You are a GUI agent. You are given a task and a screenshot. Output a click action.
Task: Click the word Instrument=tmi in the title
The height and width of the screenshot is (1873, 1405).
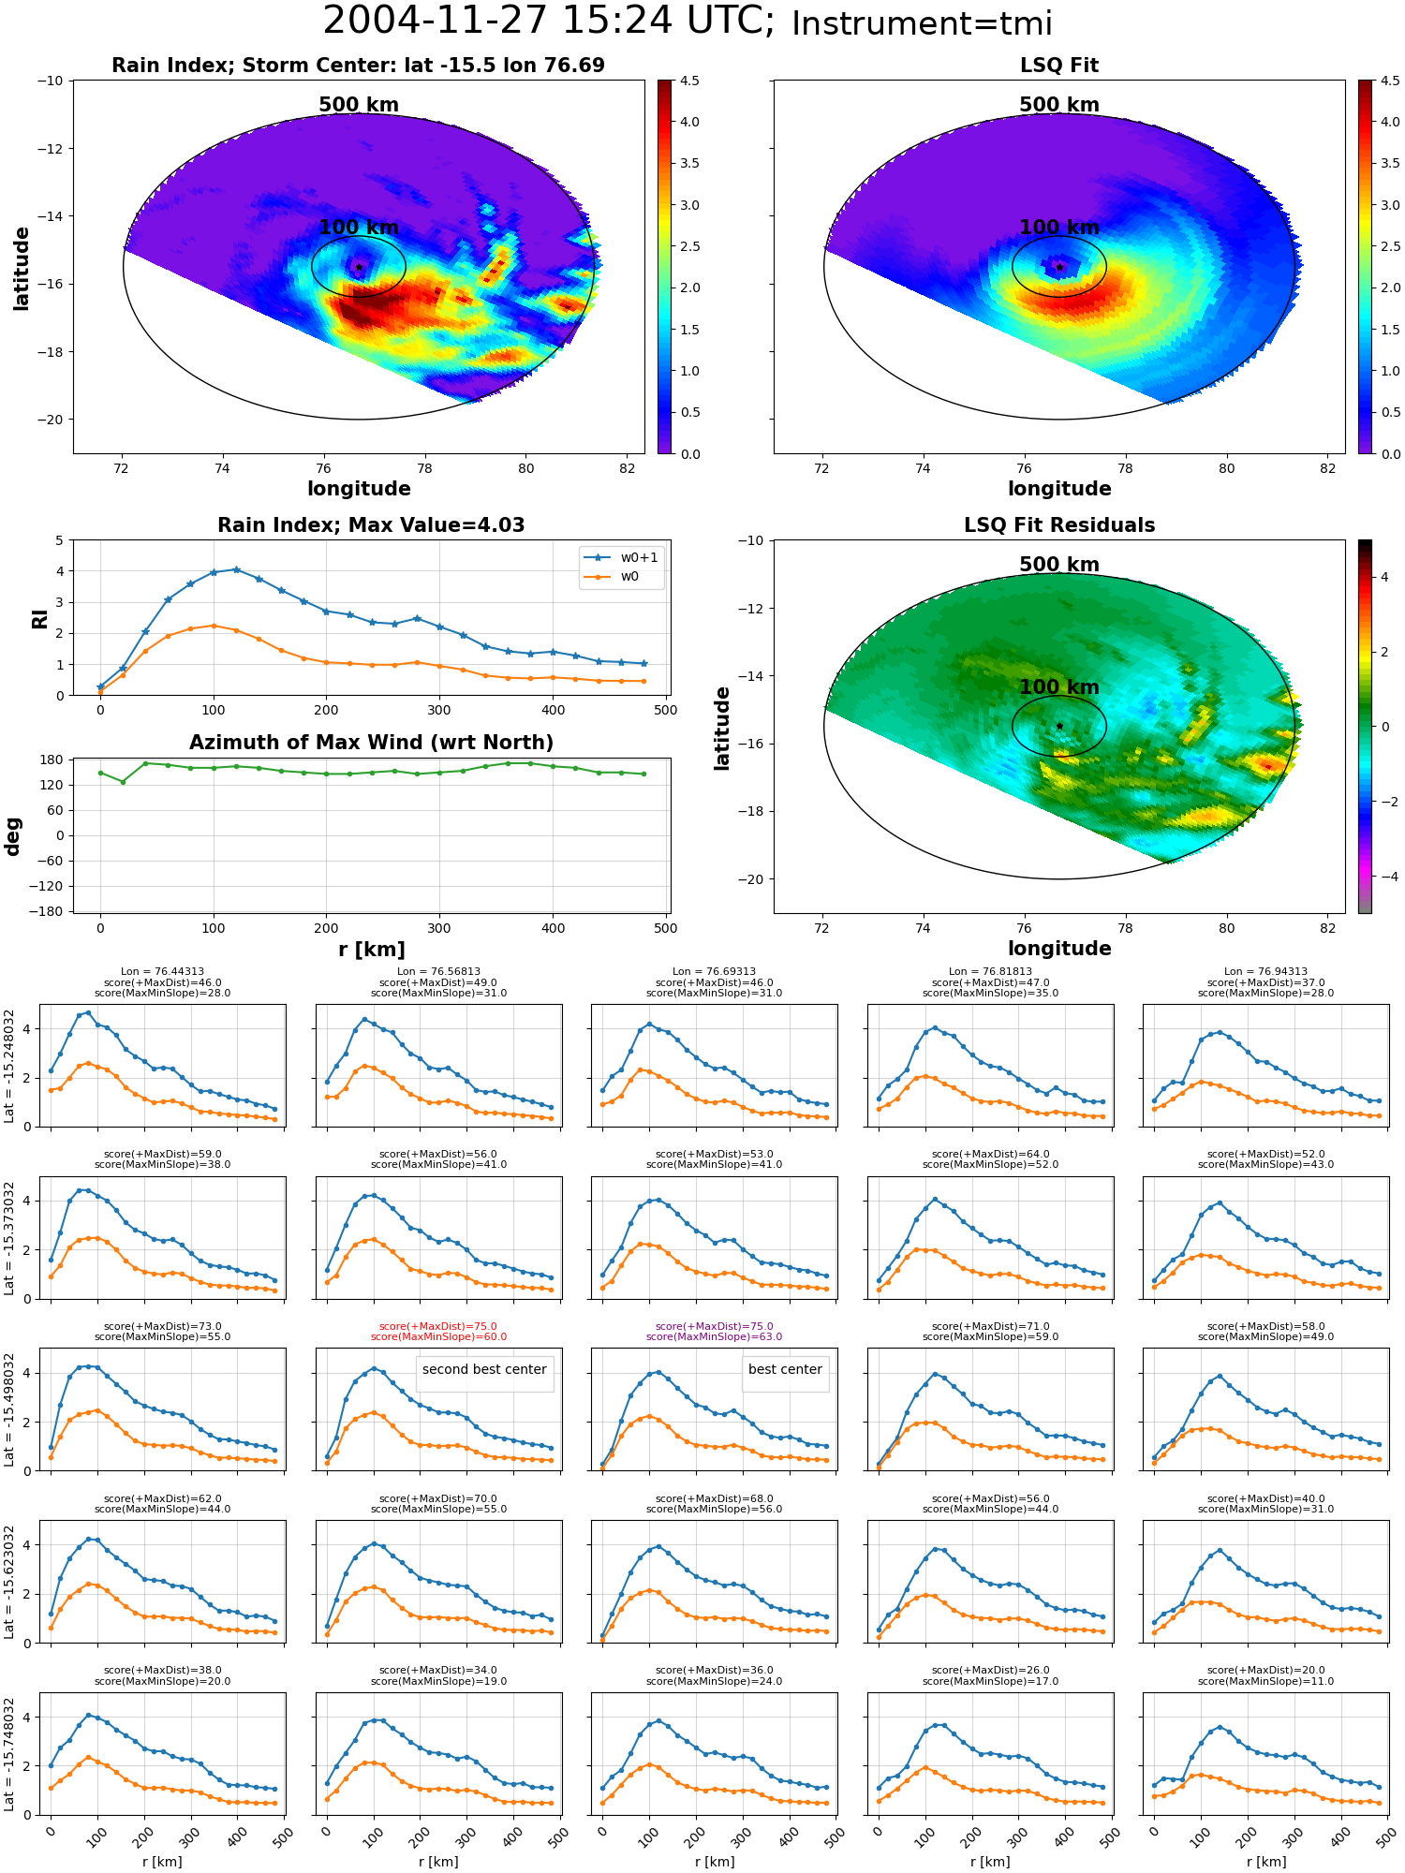click(x=922, y=23)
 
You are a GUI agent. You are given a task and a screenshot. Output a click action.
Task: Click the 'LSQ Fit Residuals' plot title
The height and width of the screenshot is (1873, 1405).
click(x=1059, y=525)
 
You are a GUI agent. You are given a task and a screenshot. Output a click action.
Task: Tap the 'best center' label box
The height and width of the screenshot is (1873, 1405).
click(x=785, y=1369)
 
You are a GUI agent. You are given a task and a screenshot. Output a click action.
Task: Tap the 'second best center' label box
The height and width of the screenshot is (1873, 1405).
click(x=484, y=1369)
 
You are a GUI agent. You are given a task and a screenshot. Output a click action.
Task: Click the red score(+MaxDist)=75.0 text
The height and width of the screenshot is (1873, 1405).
click(x=438, y=1326)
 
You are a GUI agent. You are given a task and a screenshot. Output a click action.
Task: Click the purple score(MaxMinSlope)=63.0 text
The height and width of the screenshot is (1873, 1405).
click(x=714, y=1336)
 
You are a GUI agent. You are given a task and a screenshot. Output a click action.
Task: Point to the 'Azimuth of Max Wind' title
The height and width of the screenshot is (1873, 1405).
click(x=371, y=743)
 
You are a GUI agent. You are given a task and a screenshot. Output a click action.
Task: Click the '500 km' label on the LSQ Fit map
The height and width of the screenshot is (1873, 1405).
click(x=1059, y=105)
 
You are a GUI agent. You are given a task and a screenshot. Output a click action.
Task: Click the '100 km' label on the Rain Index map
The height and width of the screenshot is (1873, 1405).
click(x=359, y=228)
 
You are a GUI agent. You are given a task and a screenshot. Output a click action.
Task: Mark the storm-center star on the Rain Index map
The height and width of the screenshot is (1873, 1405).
click(x=359, y=267)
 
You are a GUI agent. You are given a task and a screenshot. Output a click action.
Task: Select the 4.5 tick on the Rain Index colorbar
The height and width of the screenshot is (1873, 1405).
click(x=689, y=81)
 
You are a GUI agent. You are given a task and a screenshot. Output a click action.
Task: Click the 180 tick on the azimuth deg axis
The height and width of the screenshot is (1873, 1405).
click(x=52, y=760)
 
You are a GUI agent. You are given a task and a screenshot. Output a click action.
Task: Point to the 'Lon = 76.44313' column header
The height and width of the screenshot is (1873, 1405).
click(x=162, y=972)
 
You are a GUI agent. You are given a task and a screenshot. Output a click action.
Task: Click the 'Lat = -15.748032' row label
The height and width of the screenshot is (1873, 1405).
click(x=9, y=1752)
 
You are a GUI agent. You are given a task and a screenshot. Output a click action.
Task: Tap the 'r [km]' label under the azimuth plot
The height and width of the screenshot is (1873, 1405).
click(x=371, y=950)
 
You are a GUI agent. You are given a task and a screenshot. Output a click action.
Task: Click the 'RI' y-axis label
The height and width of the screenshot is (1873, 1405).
click(x=39, y=618)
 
